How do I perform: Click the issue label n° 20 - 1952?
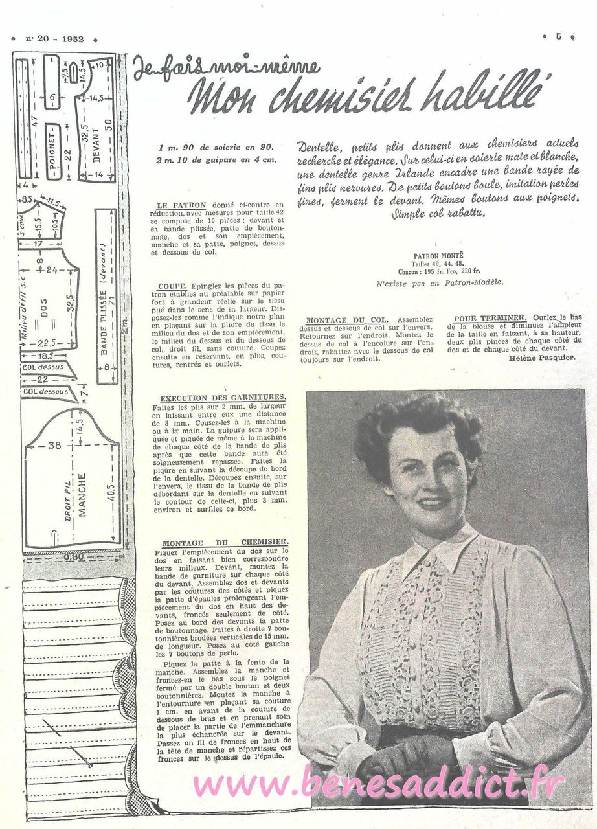54,38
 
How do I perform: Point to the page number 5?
558,37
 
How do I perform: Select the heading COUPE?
172,285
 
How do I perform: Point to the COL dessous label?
45,391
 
